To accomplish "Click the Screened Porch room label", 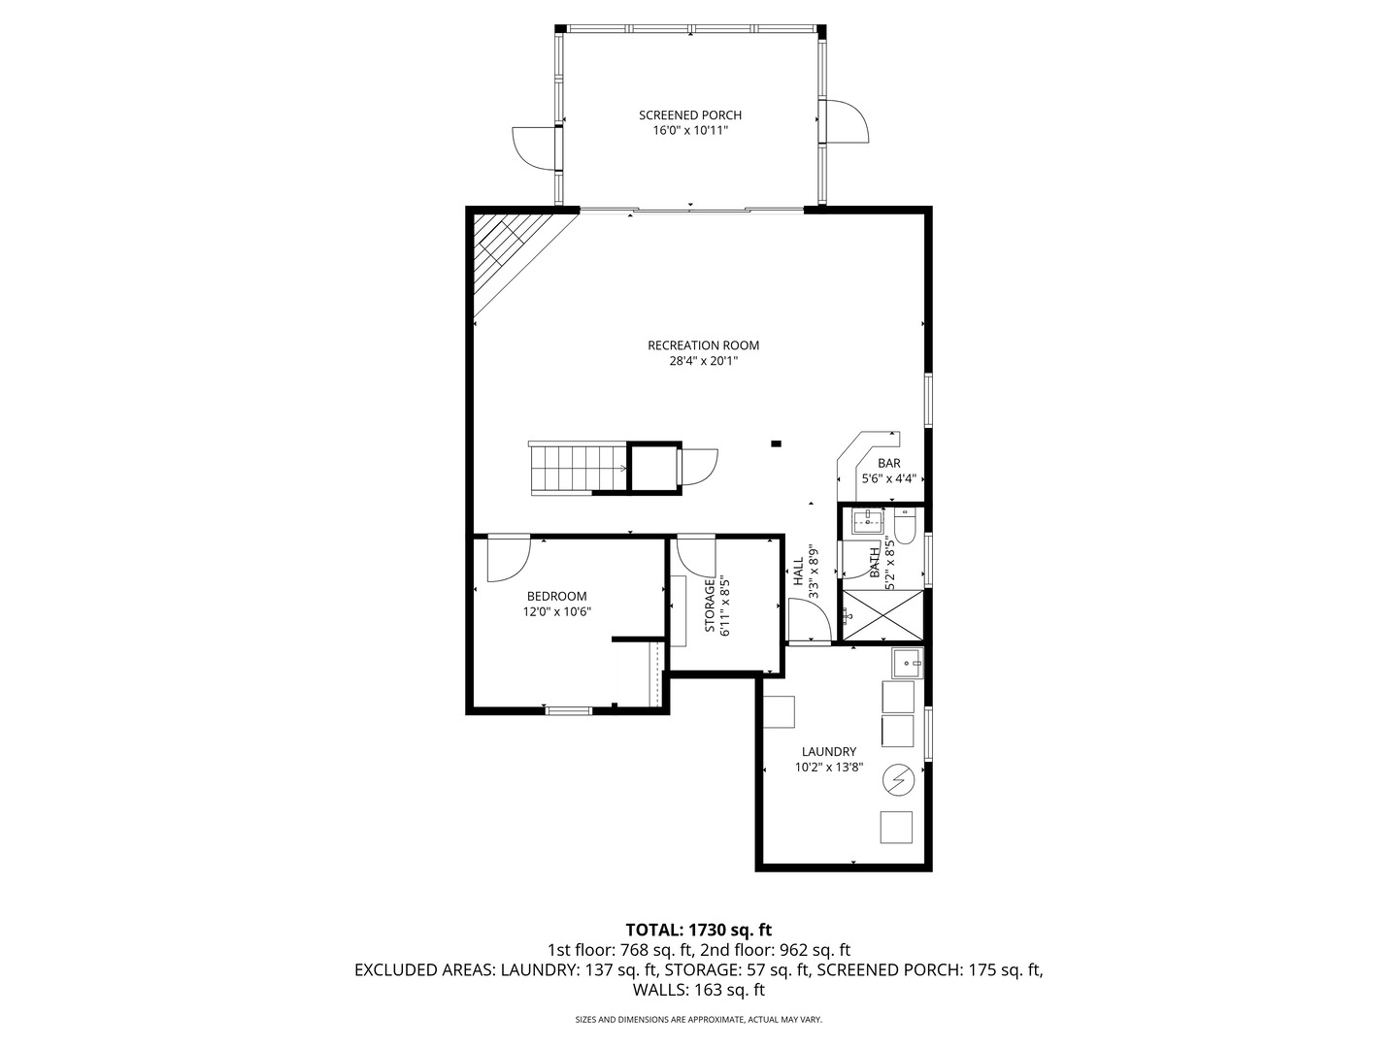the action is click(689, 115).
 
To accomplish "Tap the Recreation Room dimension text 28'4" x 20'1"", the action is click(703, 361).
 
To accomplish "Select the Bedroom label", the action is click(556, 596).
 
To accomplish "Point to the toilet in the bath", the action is click(905, 524).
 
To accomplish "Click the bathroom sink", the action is click(868, 520).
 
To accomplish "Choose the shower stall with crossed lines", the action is click(882, 614).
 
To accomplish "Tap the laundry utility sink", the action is click(907, 663).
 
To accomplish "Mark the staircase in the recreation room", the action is click(579, 468).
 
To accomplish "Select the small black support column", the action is click(776, 443).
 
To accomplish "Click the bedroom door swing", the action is click(509, 559).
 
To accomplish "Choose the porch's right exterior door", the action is click(845, 121).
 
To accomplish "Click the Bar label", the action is click(889, 463).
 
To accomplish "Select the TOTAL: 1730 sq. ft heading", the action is click(699, 931).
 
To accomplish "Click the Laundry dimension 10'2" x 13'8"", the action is click(829, 768).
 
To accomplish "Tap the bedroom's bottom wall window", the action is click(569, 710).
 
